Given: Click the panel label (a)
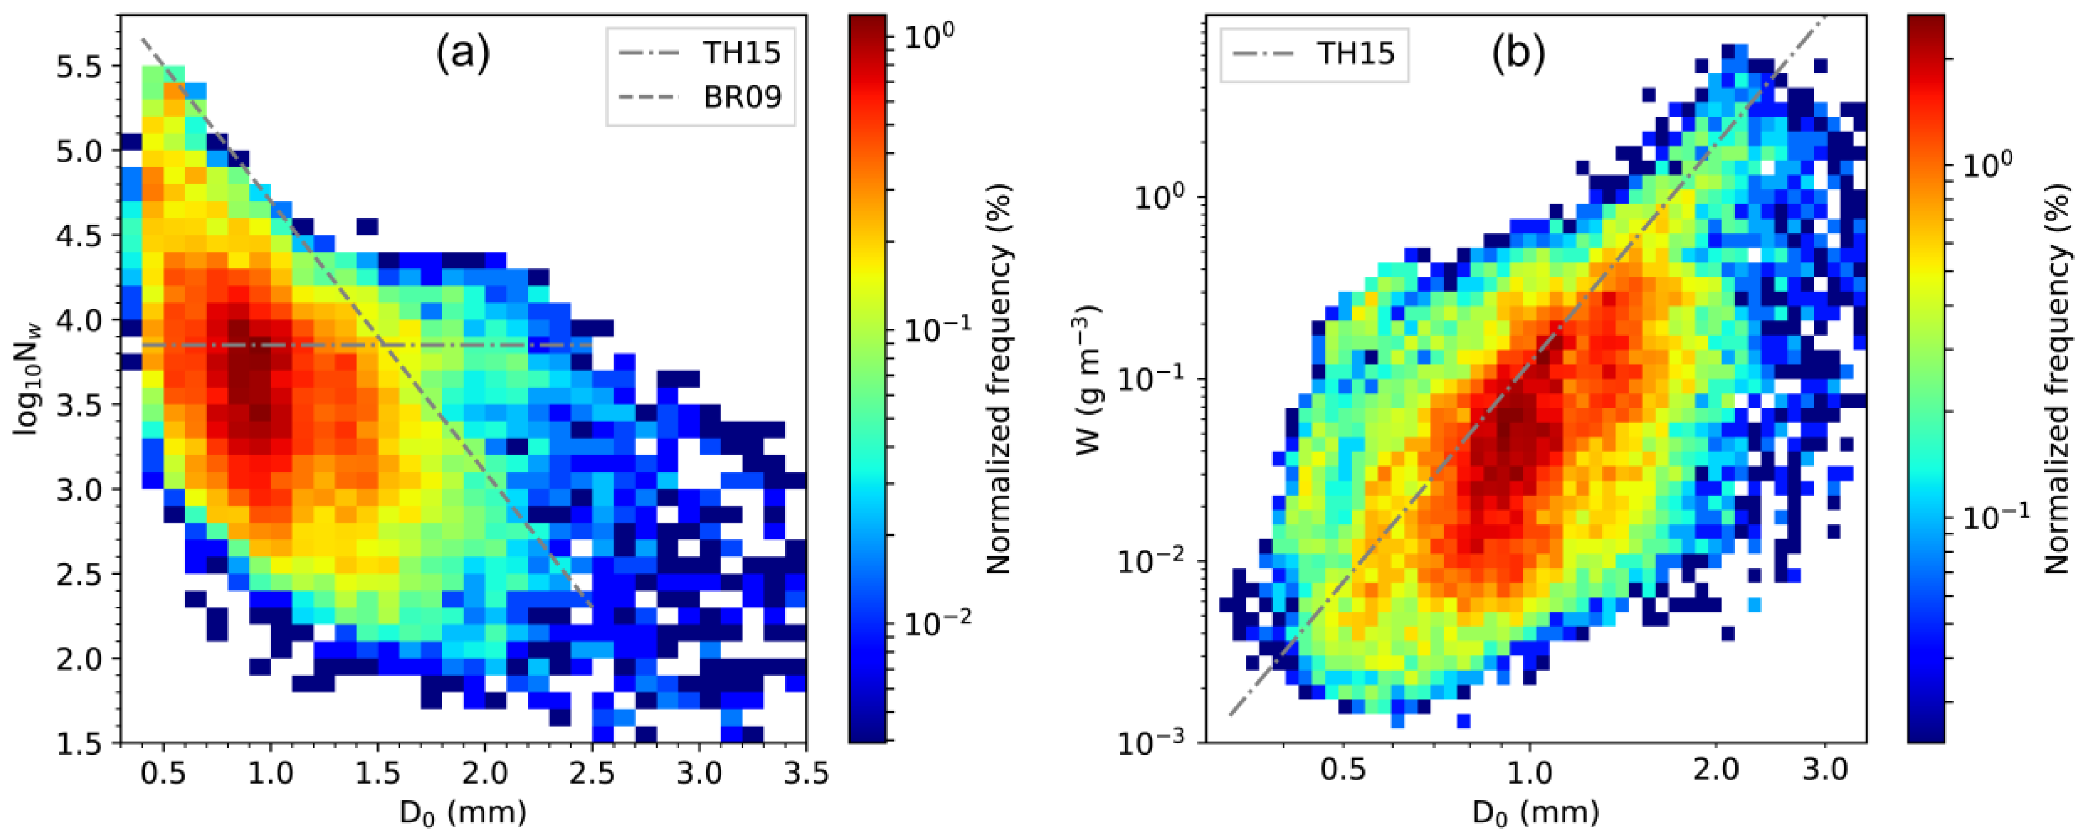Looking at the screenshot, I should point(463,55).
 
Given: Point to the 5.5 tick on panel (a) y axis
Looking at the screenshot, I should point(79,67).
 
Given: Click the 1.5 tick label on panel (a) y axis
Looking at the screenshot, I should point(79,743).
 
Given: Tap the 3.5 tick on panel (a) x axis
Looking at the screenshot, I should point(806,774).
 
